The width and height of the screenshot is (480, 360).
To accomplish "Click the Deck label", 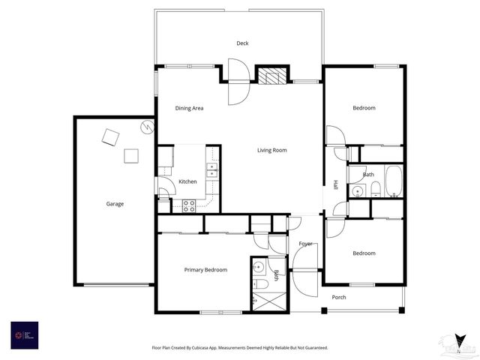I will pyautogui.click(x=242, y=43).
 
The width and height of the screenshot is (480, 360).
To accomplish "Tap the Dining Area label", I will pyautogui.click(x=189, y=109).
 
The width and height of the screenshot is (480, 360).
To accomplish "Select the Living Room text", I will pyautogui.click(x=271, y=151).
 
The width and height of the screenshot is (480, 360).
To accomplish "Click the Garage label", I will pyautogui.click(x=115, y=204).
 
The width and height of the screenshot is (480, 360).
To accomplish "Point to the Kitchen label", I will pyautogui.click(x=187, y=181).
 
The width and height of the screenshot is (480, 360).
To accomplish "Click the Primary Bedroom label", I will pyautogui.click(x=205, y=270).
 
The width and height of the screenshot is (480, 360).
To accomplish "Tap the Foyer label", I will pyautogui.click(x=305, y=244).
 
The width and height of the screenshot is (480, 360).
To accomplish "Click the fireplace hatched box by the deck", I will pyautogui.click(x=271, y=75).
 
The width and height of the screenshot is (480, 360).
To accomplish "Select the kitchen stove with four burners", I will pyautogui.click(x=188, y=205).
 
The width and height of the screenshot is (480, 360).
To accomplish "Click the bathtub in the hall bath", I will pyautogui.click(x=394, y=181).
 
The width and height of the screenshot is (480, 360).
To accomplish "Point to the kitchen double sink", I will pyautogui.click(x=212, y=169).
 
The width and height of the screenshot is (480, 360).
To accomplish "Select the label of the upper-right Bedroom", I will pyautogui.click(x=364, y=109).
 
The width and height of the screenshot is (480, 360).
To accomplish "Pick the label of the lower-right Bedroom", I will pyautogui.click(x=364, y=253).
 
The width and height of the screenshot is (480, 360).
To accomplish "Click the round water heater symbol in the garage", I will pyautogui.click(x=148, y=127).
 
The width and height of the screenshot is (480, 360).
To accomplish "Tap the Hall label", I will pyautogui.click(x=336, y=184).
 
